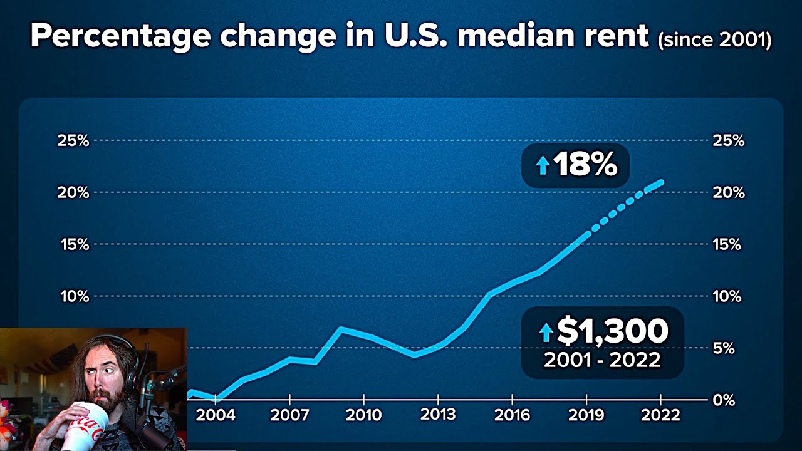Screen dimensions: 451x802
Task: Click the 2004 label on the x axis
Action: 216,415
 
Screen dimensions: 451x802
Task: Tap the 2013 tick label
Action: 438,415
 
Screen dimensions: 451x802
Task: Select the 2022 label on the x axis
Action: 660,415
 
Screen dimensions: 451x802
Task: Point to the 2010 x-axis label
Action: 364,415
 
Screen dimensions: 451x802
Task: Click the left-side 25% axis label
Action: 73,140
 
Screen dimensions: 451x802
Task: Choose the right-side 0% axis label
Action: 724,400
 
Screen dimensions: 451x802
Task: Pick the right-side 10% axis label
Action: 727,296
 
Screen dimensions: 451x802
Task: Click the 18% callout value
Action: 585,165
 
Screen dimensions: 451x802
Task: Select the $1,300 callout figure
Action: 612,331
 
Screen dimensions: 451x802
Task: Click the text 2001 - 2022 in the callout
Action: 601,360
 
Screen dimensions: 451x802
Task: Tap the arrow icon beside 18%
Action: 543,165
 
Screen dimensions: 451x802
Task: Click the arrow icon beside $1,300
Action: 546,332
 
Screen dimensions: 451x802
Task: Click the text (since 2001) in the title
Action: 714,40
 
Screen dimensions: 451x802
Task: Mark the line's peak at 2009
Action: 340,328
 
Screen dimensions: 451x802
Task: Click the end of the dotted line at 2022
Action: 660,182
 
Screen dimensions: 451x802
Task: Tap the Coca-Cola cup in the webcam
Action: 85,426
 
